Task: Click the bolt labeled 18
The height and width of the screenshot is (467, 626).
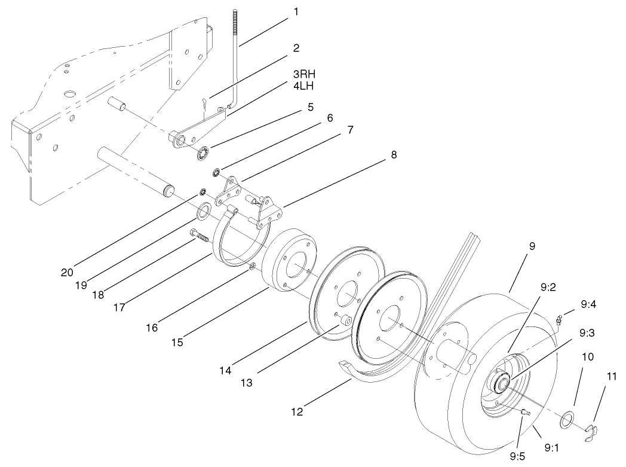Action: tap(199, 236)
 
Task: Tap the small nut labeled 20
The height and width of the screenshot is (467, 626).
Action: tap(203, 193)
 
